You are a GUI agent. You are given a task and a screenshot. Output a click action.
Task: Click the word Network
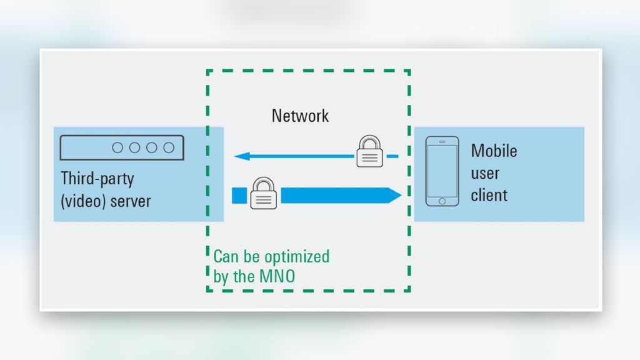click(300, 116)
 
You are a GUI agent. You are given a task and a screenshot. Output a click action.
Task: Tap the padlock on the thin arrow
click(369, 152)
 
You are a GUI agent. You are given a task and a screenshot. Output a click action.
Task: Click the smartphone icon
click(442, 171)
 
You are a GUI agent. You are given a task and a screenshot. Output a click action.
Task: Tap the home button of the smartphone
click(442, 201)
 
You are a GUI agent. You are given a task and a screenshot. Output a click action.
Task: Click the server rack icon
click(122, 147)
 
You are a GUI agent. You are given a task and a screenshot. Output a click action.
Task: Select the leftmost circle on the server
click(117, 147)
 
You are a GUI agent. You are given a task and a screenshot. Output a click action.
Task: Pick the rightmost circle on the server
click(169, 147)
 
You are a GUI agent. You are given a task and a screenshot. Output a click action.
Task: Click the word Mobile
click(494, 151)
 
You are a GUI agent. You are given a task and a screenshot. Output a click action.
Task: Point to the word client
click(489, 195)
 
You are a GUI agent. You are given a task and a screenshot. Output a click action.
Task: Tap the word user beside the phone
click(485, 173)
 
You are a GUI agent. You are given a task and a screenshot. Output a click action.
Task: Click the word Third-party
click(97, 179)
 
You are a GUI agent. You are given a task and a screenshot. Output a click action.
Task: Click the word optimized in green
click(296, 257)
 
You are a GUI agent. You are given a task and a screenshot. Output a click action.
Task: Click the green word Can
click(225, 256)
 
